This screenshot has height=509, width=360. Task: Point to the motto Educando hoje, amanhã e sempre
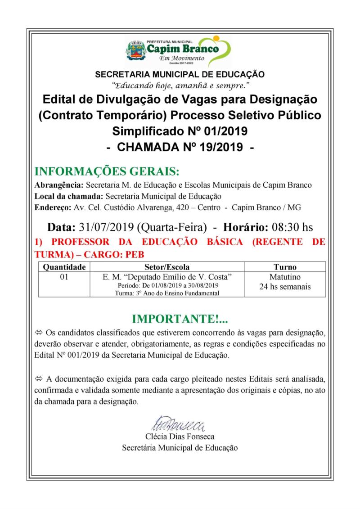tap(180, 85)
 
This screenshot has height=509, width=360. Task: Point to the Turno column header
tap(285, 267)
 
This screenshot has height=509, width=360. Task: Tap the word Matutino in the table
tap(285, 277)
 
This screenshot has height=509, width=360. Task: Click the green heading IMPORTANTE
tap(180, 320)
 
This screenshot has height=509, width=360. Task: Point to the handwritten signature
tap(179, 424)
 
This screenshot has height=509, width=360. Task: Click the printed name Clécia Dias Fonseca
tap(180, 437)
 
